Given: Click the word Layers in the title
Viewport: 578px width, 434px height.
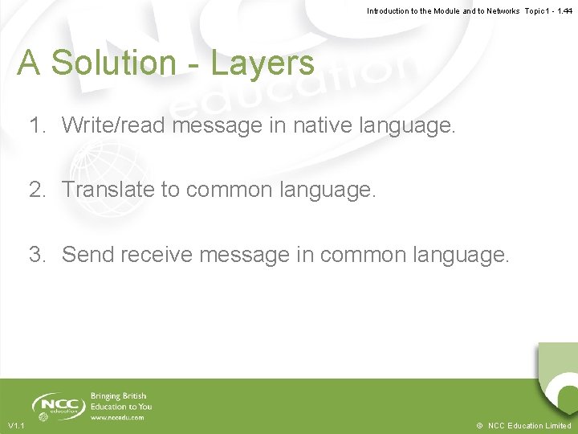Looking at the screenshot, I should point(263,63).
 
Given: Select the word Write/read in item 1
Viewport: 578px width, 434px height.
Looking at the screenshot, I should point(114,125).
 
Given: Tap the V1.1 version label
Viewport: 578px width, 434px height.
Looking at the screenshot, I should point(16,425).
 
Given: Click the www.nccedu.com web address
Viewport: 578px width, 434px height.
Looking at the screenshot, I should point(118,417).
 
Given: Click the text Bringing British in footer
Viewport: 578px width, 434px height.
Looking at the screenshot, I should point(119,396).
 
